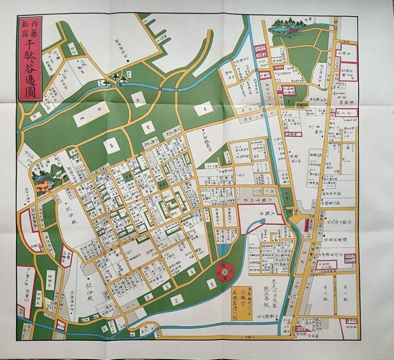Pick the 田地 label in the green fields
[92, 114]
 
